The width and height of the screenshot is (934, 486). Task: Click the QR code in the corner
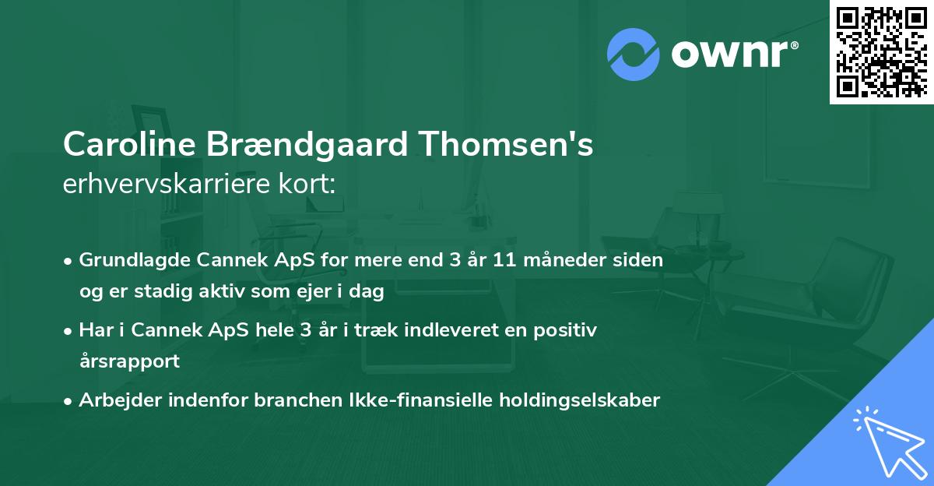click(x=881, y=52)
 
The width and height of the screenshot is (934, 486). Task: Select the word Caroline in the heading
click(x=130, y=145)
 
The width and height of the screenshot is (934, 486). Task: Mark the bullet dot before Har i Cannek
click(x=69, y=331)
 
